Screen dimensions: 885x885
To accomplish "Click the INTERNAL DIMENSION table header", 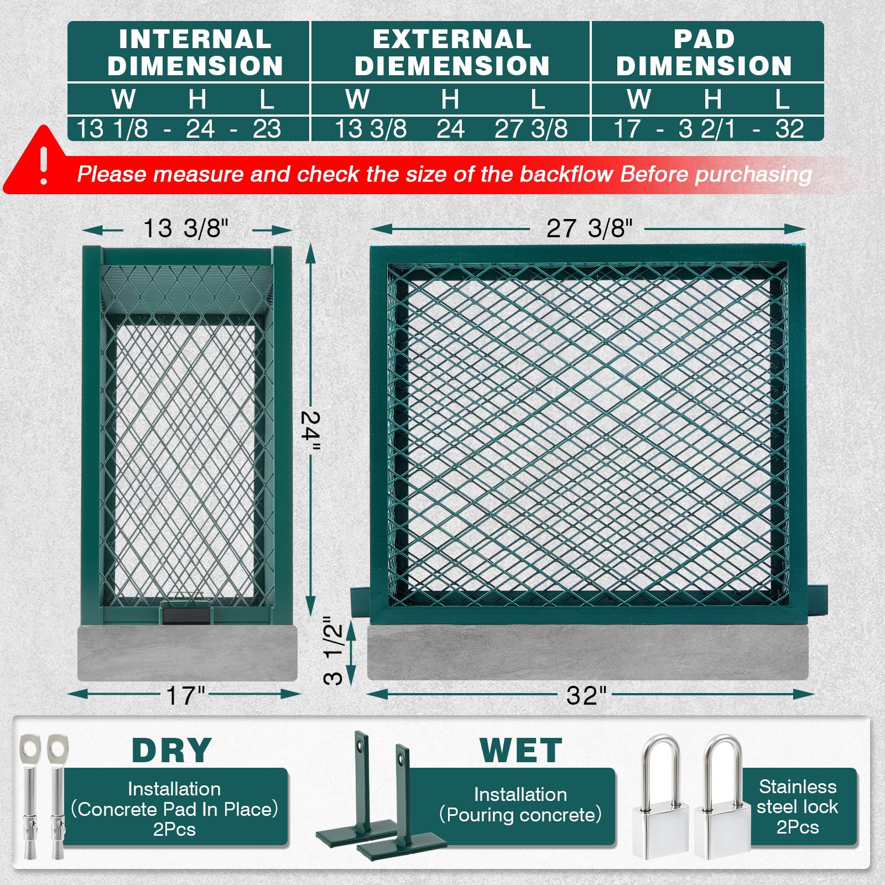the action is tap(195, 52).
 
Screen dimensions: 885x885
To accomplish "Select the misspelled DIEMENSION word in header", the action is tap(452, 66).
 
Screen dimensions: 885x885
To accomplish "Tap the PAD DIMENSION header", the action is tap(704, 52).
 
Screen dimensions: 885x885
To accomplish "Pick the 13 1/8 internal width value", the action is tap(112, 129).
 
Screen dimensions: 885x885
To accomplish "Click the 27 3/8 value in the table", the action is tap(531, 129).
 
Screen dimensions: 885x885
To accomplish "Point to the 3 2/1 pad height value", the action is tap(707, 129).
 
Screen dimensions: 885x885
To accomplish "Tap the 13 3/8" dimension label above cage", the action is tap(186, 228).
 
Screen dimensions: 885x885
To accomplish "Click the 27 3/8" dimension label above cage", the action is tap(589, 228).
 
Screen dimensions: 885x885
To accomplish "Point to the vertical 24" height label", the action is tap(311, 431).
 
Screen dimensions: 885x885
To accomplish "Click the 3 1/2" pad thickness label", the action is tap(334, 651).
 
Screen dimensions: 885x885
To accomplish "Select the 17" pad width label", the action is tap(186, 695).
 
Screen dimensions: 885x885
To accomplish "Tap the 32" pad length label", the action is tap(586, 695).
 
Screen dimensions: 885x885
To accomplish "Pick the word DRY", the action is tap(171, 751).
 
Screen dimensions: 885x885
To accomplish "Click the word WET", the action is tap(520, 751).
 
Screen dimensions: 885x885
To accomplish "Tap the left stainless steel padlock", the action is tap(661, 796).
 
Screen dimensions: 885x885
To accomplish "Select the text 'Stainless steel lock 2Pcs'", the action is tap(797, 806).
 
